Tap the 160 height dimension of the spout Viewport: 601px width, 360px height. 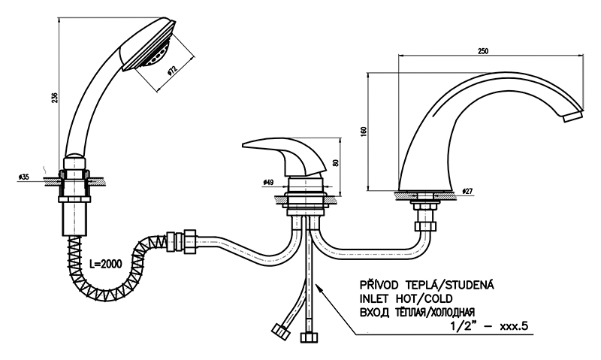coord(364,130)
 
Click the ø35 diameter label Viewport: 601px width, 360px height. coord(23,177)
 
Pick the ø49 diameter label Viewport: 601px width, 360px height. coord(268,182)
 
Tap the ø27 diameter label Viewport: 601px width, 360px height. coord(467,192)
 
